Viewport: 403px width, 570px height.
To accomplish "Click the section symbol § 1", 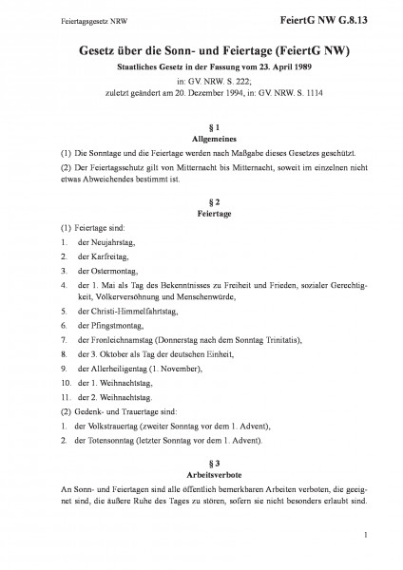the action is tap(201, 125).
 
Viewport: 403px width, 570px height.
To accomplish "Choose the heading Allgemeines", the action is tap(201, 138).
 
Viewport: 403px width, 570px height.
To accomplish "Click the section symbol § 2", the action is tap(201, 201).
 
